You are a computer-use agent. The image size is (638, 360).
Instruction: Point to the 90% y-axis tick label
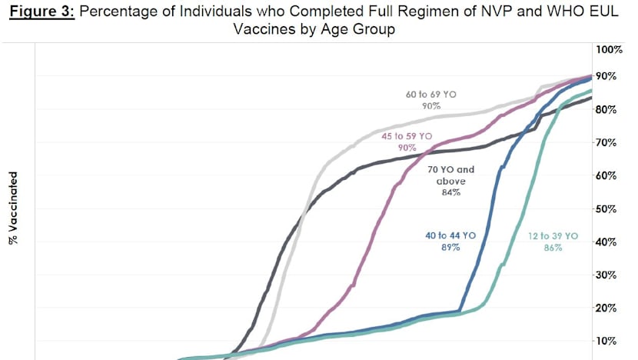pyautogui.click(x=608, y=76)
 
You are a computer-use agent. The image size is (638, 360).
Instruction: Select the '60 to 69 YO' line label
pyautogui.click(x=430, y=94)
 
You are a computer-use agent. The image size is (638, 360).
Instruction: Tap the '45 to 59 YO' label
pyautogui.click(x=407, y=135)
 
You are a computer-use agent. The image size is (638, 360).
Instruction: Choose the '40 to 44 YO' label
pyautogui.click(x=451, y=237)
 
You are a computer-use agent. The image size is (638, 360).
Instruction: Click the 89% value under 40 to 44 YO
pyautogui.click(x=451, y=248)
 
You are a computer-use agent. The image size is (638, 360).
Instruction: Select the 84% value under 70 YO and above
pyautogui.click(x=451, y=192)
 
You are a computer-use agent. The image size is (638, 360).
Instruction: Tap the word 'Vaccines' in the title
pyautogui.click(x=260, y=29)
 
